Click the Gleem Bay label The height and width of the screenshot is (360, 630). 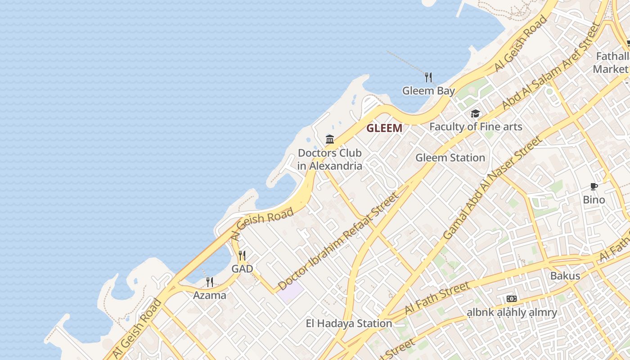[x=428, y=90]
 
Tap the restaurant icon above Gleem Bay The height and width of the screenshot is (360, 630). [x=428, y=77]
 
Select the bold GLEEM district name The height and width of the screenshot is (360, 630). [x=384, y=128]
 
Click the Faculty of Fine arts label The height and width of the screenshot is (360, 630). [x=476, y=126]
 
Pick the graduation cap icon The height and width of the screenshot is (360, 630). [x=476, y=113]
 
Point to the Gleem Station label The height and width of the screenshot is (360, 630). [x=450, y=157]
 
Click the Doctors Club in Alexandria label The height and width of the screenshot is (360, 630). [x=330, y=159]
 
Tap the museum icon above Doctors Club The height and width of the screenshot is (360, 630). [x=330, y=139]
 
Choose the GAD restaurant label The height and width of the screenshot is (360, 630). [x=242, y=269]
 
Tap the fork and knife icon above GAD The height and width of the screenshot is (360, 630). [x=242, y=256]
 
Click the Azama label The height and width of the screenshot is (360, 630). [x=210, y=295]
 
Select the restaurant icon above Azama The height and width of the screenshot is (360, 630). [x=210, y=282]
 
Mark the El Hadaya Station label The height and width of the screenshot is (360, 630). [x=349, y=323]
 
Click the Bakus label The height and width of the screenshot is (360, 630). [x=565, y=275]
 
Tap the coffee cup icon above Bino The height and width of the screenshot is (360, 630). [x=594, y=186]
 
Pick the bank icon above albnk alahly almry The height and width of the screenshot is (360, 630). [x=512, y=299]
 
